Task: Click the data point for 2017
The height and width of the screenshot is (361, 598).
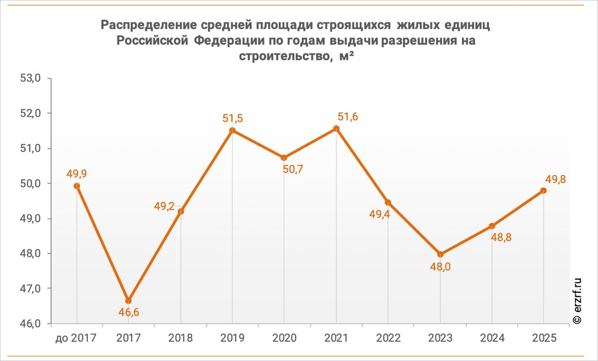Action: click(128, 300)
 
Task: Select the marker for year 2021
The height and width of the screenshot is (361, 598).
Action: click(336, 128)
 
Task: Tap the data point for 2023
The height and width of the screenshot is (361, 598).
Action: click(440, 254)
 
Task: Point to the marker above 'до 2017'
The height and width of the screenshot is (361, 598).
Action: click(77, 186)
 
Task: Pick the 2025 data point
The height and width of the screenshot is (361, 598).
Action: click(543, 191)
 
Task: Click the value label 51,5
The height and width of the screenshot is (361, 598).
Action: click(233, 118)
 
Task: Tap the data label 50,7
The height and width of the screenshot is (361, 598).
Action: click(293, 169)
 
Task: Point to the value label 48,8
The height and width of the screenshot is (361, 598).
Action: click(501, 237)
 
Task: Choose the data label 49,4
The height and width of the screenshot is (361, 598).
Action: click(379, 215)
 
